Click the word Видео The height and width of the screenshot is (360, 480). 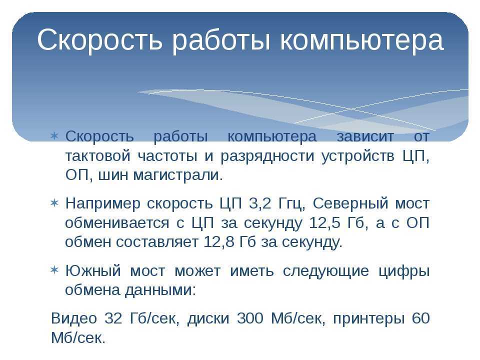tap(73, 318)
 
